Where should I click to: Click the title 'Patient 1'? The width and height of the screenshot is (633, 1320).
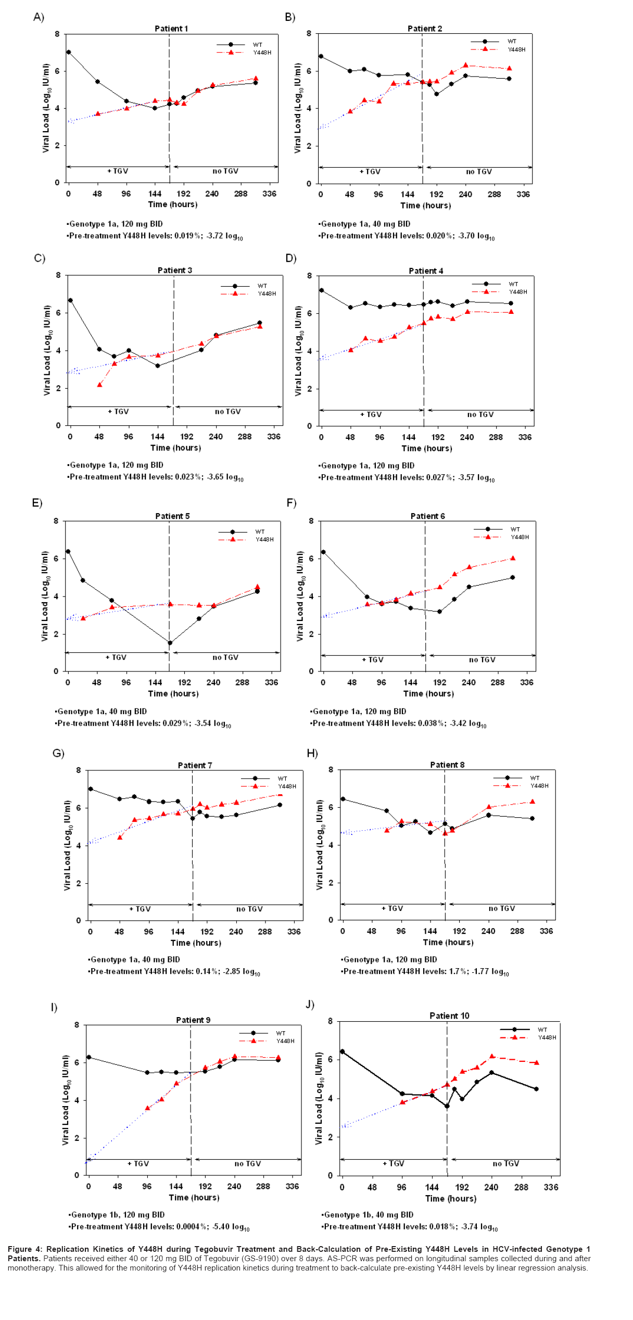point(171,29)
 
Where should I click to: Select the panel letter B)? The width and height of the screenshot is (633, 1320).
point(290,17)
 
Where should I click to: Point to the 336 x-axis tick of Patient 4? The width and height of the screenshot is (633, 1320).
point(525,437)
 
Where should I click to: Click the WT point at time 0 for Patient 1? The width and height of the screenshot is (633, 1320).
point(68,52)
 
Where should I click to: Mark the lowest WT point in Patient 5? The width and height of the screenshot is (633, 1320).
point(170,643)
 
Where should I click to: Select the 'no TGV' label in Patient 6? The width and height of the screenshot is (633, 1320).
point(482,660)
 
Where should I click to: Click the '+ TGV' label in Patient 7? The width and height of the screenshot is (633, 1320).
point(140,909)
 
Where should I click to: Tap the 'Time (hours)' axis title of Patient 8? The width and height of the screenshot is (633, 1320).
point(448,942)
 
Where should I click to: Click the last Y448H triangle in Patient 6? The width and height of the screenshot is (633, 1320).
point(513,558)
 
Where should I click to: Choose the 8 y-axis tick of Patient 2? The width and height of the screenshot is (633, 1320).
point(309,33)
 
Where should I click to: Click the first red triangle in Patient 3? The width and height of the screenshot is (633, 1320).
point(99,385)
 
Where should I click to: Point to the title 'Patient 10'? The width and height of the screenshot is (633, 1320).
point(449,1016)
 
